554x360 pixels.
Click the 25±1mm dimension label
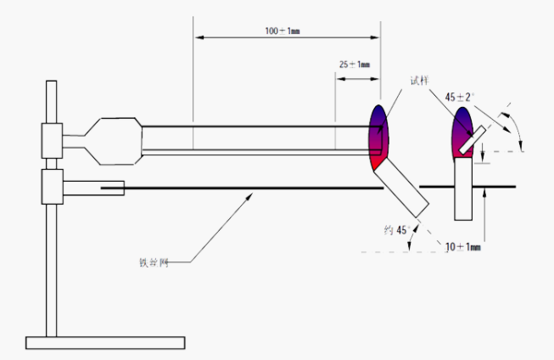(355, 65)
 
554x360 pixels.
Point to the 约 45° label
(395, 230)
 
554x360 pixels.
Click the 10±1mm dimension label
(463, 246)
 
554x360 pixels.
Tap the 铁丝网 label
(154, 262)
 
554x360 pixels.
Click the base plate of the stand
(105, 343)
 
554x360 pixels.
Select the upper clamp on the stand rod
(52, 140)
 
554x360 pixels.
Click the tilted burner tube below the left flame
(402, 188)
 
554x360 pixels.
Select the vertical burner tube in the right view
(465, 188)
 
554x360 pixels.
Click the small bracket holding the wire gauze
(95, 187)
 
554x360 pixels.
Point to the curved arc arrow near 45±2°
(512, 124)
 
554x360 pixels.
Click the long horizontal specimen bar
(255, 140)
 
